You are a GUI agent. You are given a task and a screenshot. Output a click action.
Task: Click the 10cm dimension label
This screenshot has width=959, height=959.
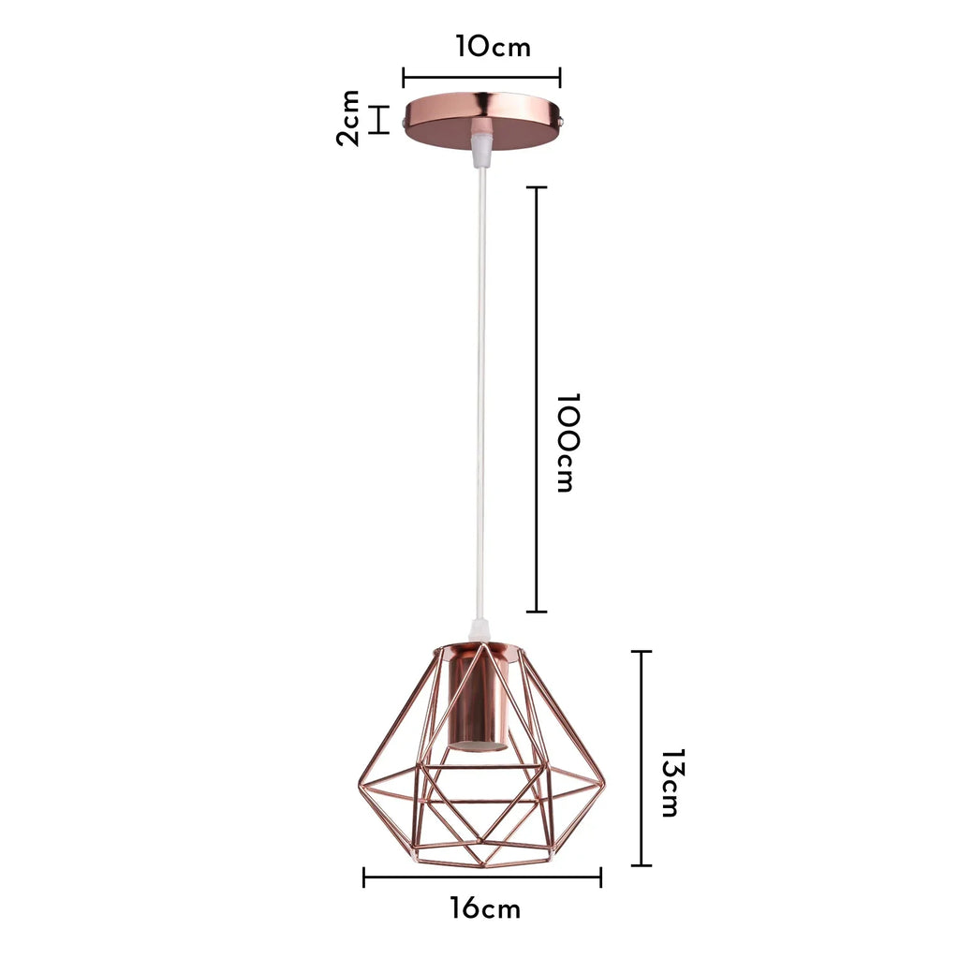pyautogui.click(x=494, y=47)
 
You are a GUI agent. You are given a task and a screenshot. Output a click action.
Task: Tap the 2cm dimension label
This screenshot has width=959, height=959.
pyautogui.click(x=348, y=119)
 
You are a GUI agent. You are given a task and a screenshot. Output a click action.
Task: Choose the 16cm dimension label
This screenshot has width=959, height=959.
pyautogui.click(x=484, y=907)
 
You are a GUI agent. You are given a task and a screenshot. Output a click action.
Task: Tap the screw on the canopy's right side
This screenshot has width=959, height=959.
pyautogui.click(x=561, y=122)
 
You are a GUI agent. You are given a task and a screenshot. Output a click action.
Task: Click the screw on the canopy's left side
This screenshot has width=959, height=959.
pyautogui.click(x=403, y=122)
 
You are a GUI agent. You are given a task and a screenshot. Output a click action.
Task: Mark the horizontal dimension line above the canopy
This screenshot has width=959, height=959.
pyautogui.click(x=481, y=79)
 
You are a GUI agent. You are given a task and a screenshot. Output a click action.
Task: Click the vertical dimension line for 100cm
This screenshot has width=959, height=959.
pyautogui.click(x=537, y=400)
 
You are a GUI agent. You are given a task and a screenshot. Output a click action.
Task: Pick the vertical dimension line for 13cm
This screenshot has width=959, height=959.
pyautogui.click(x=642, y=758)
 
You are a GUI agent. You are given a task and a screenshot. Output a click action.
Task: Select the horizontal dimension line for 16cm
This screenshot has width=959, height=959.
pyautogui.click(x=482, y=878)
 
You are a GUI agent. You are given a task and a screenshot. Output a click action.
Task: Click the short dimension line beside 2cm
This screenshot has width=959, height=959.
pyautogui.click(x=379, y=120)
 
